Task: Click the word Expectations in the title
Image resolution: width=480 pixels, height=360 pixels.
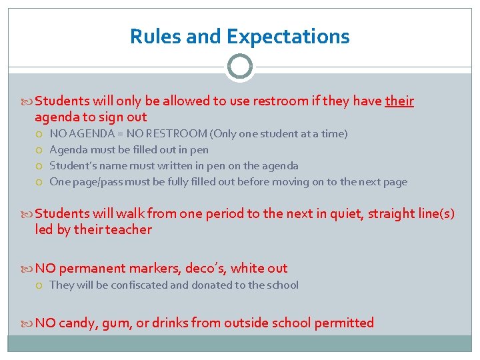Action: [x=288, y=36]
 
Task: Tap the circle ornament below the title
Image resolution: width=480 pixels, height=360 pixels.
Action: [x=239, y=67]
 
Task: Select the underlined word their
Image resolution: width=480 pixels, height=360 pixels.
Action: [x=399, y=101]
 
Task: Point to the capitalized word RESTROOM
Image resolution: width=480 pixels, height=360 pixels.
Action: [x=174, y=134]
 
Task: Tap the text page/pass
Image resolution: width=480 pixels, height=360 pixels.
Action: [x=99, y=182]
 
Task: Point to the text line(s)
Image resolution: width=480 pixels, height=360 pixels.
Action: [x=431, y=213]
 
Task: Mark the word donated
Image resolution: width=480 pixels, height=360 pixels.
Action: [x=213, y=285]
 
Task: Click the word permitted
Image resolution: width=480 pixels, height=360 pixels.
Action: [x=344, y=323]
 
